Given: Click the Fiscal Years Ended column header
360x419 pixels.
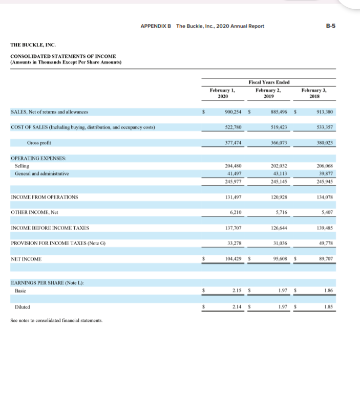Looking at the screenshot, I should coord(268,82).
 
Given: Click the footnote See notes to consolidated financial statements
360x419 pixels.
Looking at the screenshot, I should coord(56,321).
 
